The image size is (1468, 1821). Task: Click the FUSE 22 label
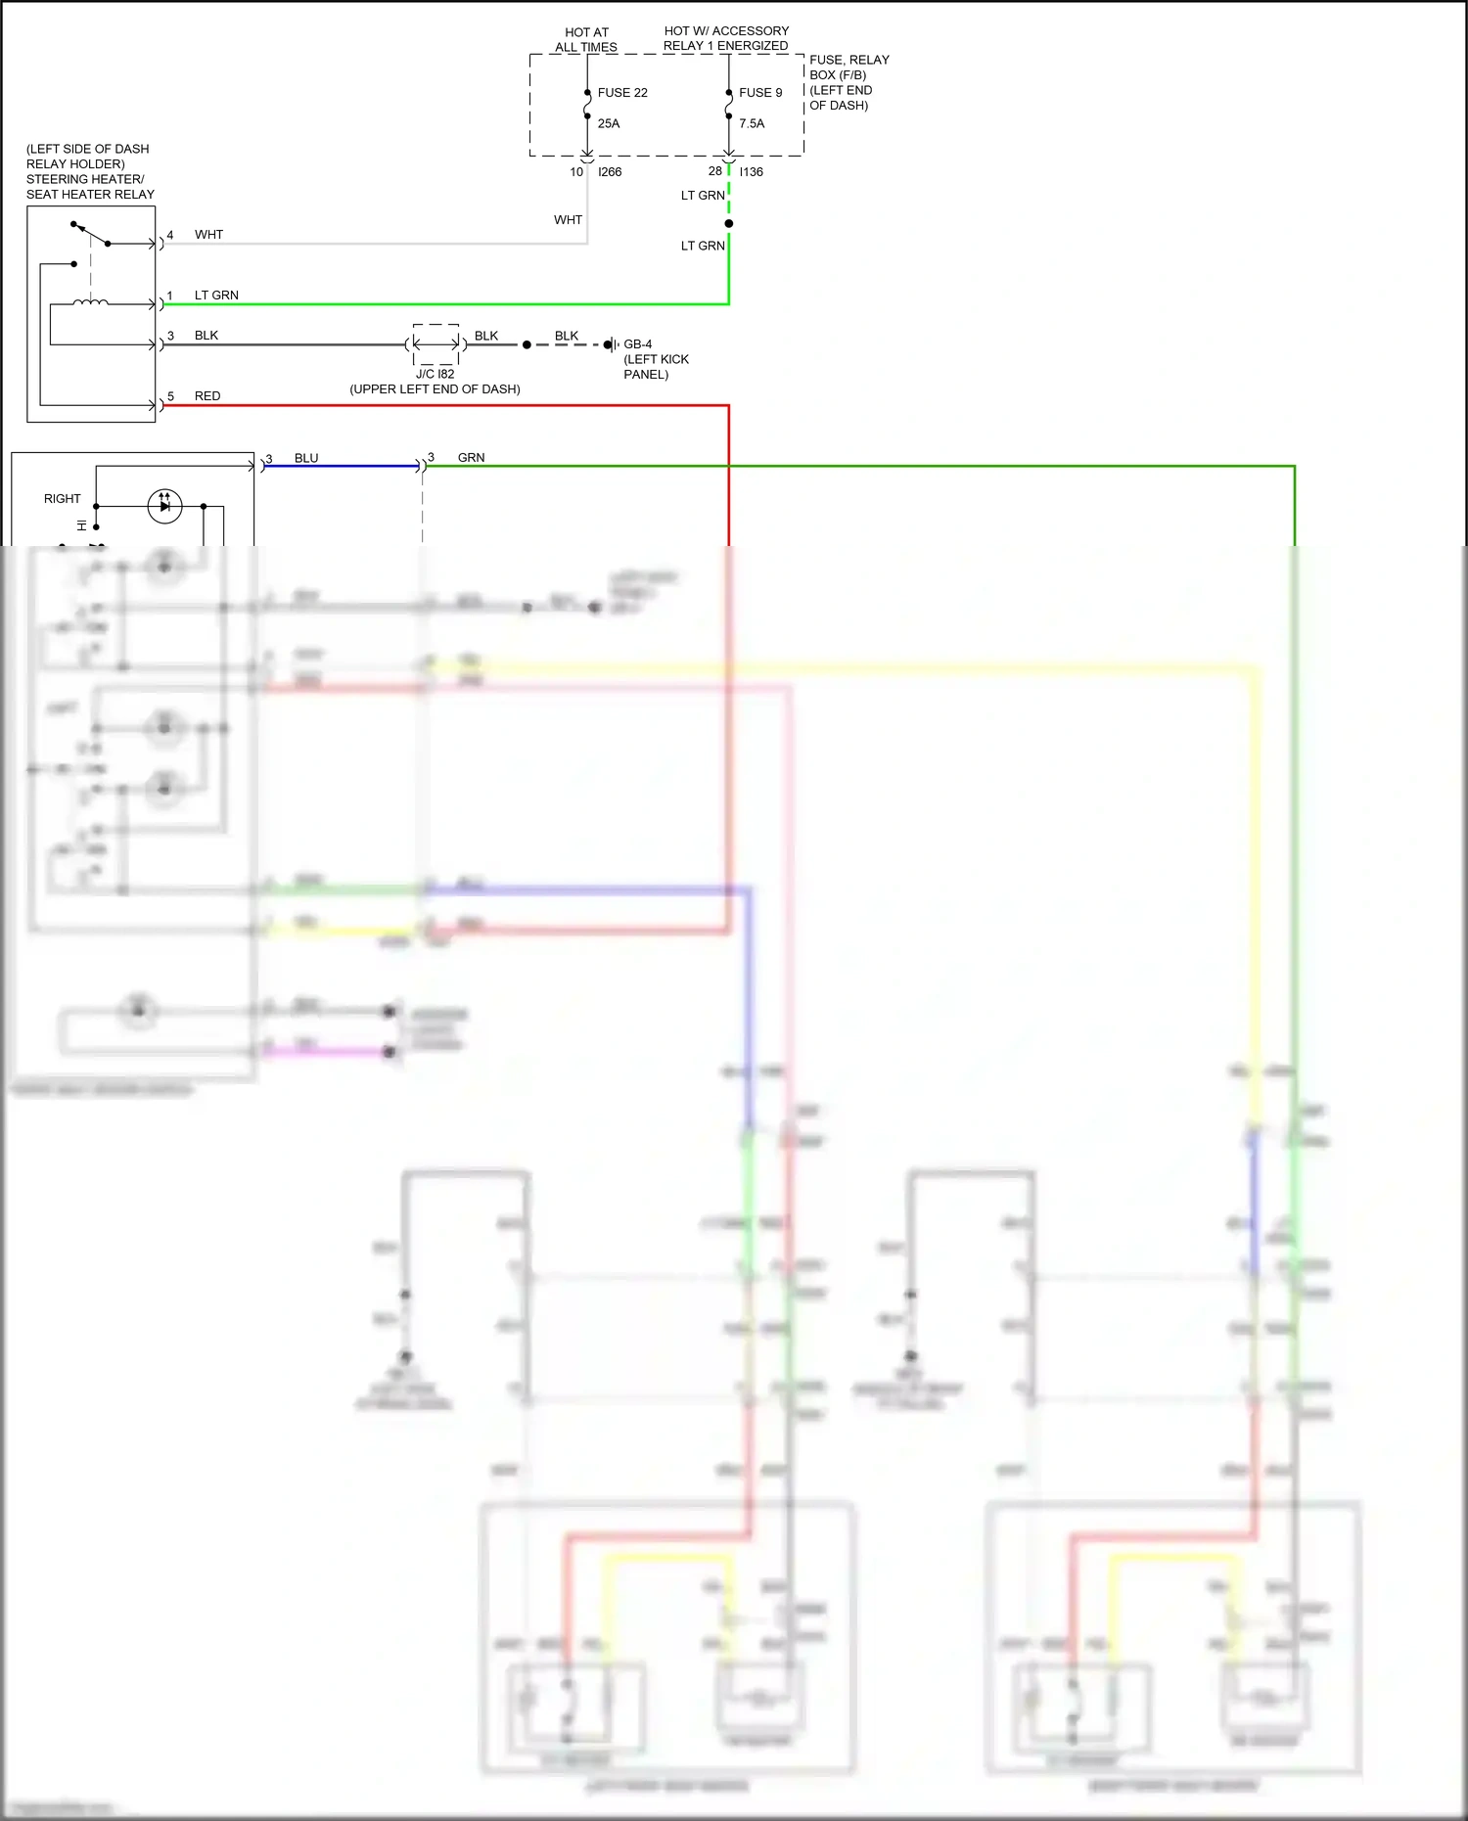click(622, 93)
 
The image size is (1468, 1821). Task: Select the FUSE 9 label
click(760, 93)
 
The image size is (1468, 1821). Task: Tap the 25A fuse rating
click(609, 123)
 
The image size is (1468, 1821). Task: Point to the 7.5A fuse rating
click(752, 123)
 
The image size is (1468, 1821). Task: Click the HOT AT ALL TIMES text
click(586, 39)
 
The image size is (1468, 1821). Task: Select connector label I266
click(610, 172)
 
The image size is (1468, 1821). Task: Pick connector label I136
click(752, 172)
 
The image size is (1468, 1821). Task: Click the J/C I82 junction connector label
click(436, 374)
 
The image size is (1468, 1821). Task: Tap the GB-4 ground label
click(638, 344)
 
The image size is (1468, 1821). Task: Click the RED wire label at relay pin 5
click(207, 396)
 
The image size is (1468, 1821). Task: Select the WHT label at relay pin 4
click(208, 235)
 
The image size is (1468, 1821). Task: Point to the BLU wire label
click(306, 458)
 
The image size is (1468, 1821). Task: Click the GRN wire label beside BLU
click(471, 458)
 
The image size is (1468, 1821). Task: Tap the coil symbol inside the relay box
click(90, 302)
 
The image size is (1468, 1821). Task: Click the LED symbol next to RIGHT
click(164, 506)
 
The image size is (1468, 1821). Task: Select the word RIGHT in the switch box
click(63, 499)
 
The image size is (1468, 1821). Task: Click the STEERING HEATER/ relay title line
click(85, 179)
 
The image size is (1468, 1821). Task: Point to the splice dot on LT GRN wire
click(729, 223)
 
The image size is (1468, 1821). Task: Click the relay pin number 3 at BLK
click(170, 336)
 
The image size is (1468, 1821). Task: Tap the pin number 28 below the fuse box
click(715, 171)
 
